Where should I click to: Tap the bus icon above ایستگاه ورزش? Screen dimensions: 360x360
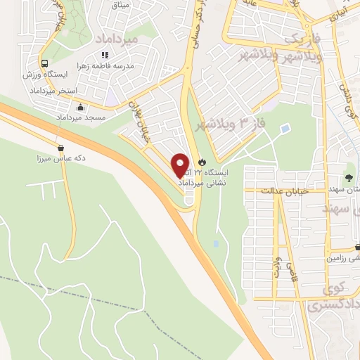coord(44,62)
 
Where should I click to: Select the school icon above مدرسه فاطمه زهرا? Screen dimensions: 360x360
coord(104,54)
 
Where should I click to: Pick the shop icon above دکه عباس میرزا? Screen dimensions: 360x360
coord(61,148)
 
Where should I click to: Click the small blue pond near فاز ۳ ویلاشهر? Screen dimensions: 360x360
coord(285,129)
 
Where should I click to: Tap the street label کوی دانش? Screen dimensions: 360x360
coord(346,103)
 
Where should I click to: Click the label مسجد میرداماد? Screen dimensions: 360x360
coord(84,117)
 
